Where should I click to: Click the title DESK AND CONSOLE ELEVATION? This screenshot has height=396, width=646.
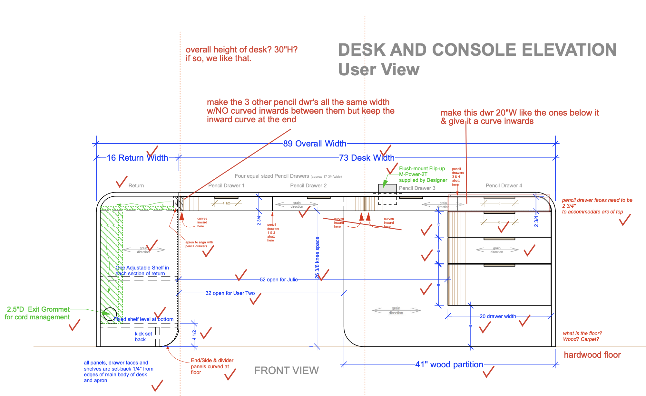pyautogui.click(x=477, y=50)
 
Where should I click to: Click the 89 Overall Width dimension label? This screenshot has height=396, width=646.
pyautogui.click(x=315, y=144)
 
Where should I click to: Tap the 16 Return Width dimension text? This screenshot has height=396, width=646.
pyautogui.click(x=137, y=158)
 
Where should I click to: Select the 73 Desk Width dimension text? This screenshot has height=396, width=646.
pyautogui.click(x=367, y=158)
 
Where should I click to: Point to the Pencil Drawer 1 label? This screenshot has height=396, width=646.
pyautogui.click(x=226, y=185)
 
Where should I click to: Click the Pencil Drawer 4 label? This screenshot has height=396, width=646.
pyautogui.click(x=504, y=185)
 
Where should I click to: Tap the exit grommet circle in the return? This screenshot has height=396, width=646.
pyautogui.click(x=110, y=314)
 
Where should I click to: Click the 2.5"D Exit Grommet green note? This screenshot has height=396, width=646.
pyautogui.click(x=38, y=313)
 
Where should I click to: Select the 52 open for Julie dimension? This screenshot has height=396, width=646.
pyautogui.click(x=279, y=279)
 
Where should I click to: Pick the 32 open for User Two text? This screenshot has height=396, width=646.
pyautogui.click(x=230, y=293)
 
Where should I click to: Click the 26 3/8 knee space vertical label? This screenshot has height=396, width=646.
pyautogui.click(x=318, y=258)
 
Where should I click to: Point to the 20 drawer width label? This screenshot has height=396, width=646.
pyautogui.click(x=498, y=316)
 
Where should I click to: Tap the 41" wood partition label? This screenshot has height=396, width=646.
pyautogui.click(x=449, y=364)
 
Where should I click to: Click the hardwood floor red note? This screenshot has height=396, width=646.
pyautogui.click(x=592, y=355)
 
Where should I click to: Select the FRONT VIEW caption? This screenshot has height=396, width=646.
pyautogui.click(x=286, y=371)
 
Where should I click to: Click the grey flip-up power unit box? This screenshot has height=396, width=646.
pyautogui.click(x=387, y=188)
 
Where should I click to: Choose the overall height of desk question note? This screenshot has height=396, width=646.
pyautogui.click(x=241, y=54)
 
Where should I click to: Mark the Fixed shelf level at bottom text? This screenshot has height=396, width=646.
pyautogui.click(x=144, y=319)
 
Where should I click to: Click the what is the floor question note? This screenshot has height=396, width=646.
pyautogui.click(x=582, y=336)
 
